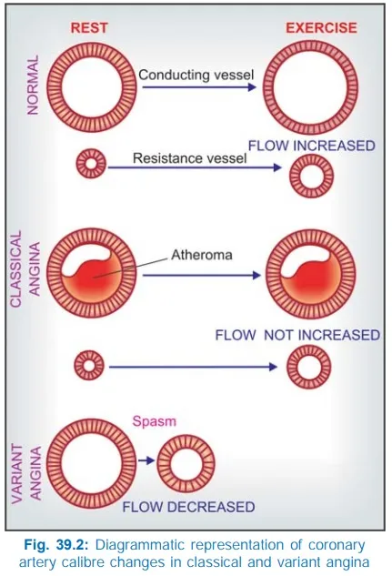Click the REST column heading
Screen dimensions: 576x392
coord(91,28)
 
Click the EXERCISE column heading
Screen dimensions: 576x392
coord(321,28)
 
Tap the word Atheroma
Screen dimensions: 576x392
coord(202,256)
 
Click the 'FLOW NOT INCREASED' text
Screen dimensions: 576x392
coord(297,335)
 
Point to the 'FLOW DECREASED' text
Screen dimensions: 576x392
coord(188,506)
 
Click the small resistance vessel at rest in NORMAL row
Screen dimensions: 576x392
coord(89,165)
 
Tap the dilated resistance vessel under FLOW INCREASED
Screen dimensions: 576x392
coord(310,176)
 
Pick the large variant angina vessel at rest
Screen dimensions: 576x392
coord(85,460)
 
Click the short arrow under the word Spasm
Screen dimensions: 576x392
coord(144,461)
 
